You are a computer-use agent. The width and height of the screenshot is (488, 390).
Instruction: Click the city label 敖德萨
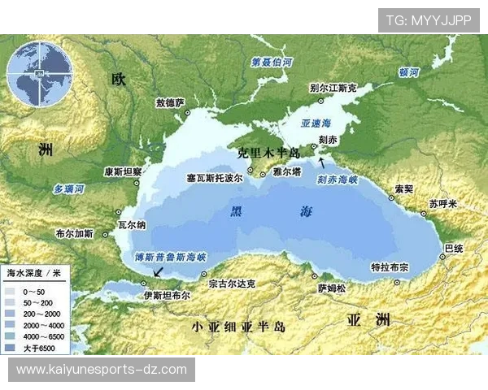(170, 102)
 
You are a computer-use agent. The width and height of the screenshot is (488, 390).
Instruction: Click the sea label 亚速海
(316, 123)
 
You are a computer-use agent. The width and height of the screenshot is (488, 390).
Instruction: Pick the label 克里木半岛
(268, 153)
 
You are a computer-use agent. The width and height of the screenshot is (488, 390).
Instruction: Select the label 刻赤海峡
(339, 178)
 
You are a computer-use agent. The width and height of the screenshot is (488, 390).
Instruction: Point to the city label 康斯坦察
(124, 171)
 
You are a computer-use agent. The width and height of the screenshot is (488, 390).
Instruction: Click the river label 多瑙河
(69, 189)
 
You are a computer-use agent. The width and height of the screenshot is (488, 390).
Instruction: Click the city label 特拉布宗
(390, 266)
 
